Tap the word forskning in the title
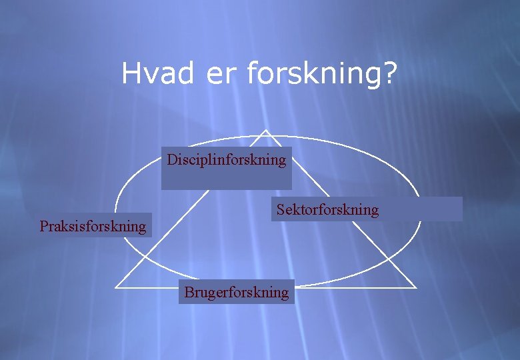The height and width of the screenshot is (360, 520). (x=314, y=74)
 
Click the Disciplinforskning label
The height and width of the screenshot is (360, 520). (x=226, y=160)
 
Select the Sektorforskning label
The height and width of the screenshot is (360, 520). (x=327, y=210)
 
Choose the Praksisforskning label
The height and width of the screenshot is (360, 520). (x=93, y=226)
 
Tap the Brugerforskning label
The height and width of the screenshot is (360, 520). (x=237, y=292)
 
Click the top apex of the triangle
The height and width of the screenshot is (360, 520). (x=266, y=130)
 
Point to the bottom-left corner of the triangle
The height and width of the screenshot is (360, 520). (x=116, y=288)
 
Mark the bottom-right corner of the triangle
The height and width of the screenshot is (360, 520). (x=416, y=288)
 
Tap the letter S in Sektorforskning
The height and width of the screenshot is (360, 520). (x=281, y=210)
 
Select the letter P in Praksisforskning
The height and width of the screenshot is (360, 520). (x=43, y=226)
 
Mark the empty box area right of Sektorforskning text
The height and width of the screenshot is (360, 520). (x=420, y=209)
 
